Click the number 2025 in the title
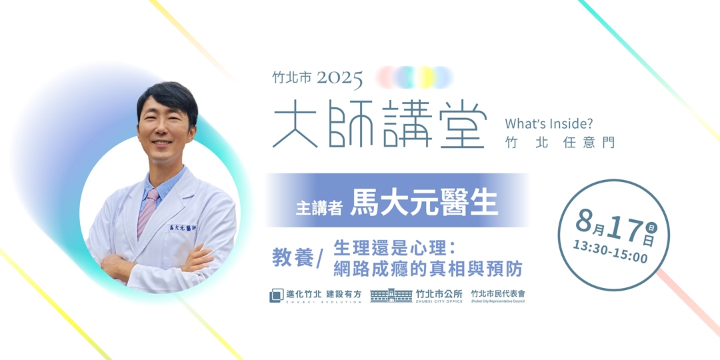(340, 79)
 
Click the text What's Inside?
(549, 123)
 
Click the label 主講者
(319, 207)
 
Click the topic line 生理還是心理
(393, 247)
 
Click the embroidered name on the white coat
(187, 229)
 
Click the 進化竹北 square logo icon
(276, 295)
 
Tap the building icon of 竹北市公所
(391, 295)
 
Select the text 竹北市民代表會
(497, 293)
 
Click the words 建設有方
(344, 293)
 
